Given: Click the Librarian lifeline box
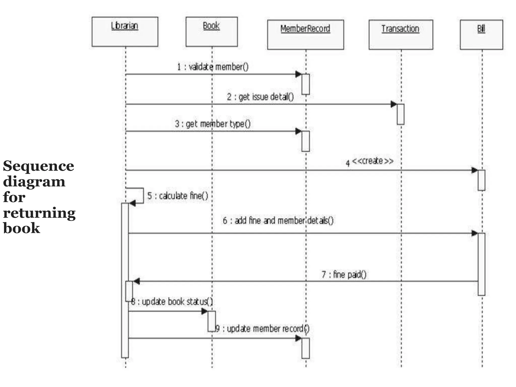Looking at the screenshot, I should pos(125,32).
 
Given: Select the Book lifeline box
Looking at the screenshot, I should pos(211,32).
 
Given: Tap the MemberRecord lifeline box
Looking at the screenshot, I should pos(305,35).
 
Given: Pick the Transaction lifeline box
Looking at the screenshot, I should pos(401,35).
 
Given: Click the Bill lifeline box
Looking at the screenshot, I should pos(481,35).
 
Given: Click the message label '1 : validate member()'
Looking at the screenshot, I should pos(213,67).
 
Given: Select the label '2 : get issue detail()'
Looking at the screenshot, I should pos(260,97).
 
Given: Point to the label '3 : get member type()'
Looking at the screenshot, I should pos(213,124).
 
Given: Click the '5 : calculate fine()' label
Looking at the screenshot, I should pos(178,196).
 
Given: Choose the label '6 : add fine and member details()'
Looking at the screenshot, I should pos(278,221).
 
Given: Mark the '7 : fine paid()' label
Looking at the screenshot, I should pos(344,274).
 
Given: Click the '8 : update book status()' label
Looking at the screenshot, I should pos(172,302).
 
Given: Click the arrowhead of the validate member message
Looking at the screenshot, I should pos(298,74).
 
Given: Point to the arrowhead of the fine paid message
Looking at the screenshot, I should pos(136,281).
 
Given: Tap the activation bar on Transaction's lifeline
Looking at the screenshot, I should pos(400,114).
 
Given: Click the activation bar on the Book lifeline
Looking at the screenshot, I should pos(211,321).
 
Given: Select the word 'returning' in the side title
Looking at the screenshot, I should pos(39,213).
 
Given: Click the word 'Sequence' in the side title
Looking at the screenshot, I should pos(39,166).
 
